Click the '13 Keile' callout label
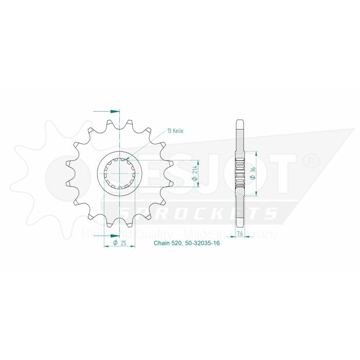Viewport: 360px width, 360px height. pos(175,131)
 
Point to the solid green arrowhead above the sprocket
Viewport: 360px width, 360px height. pos(115,111)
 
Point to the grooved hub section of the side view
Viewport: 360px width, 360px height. pos(240,174)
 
